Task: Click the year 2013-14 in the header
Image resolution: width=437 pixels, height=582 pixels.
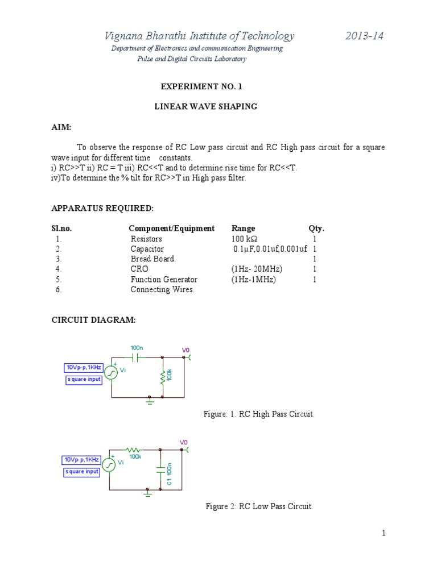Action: (x=365, y=36)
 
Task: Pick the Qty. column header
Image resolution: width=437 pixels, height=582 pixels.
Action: (x=316, y=228)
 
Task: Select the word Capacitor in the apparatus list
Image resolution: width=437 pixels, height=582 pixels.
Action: (x=147, y=249)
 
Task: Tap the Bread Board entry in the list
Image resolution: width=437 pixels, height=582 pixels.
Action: (x=153, y=259)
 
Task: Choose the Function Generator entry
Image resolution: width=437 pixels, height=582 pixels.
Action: (x=164, y=280)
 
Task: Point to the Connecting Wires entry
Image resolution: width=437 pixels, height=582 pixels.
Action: (x=162, y=290)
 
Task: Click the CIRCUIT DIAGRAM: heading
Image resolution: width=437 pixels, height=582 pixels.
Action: (x=94, y=321)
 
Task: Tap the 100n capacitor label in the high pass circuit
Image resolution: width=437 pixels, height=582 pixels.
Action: (x=137, y=348)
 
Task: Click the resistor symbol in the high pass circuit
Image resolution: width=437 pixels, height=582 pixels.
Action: (x=163, y=376)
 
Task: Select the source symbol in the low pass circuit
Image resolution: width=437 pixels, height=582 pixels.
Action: (x=109, y=464)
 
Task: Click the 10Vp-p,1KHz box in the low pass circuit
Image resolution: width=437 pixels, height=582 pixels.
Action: (x=81, y=459)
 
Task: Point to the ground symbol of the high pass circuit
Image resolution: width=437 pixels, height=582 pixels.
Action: (x=150, y=401)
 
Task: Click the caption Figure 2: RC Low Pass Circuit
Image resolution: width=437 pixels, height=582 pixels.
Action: (x=259, y=506)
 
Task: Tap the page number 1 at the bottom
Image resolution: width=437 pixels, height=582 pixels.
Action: (x=384, y=533)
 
